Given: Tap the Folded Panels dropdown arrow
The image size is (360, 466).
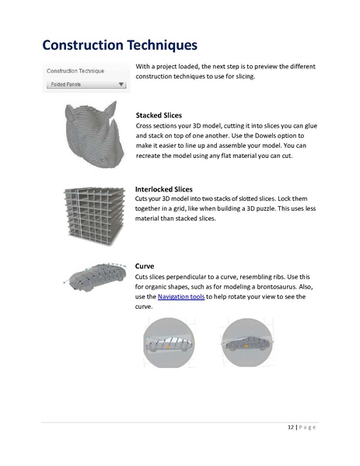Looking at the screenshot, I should (121, 85).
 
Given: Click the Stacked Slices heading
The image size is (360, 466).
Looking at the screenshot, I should (159, 115).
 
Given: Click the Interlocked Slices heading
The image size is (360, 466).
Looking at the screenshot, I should (164, 189).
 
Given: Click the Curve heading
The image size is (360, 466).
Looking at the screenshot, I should (145, 266).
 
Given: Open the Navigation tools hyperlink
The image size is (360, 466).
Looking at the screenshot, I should (181, 297).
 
